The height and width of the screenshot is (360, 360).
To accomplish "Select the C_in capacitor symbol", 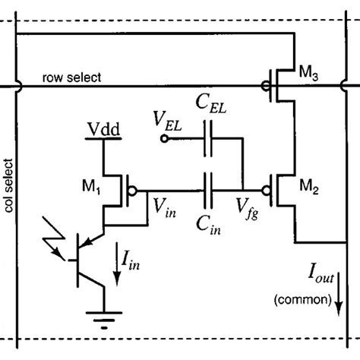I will (x=207, y=185).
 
